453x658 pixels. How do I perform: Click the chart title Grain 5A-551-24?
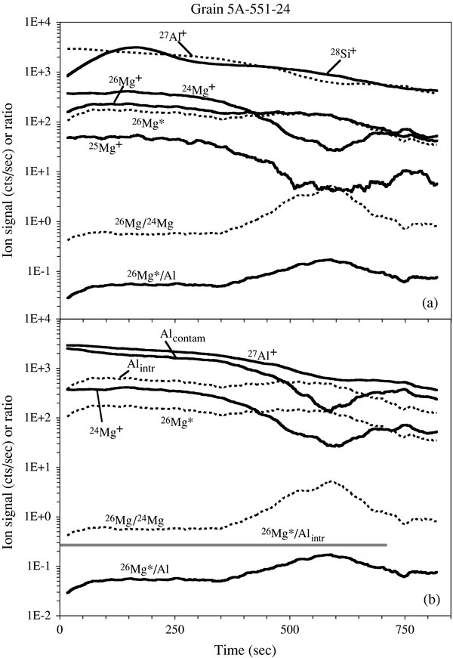(226, 9)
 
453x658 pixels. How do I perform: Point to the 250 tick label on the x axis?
(175, 629)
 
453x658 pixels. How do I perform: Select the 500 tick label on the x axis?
(290, 629)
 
